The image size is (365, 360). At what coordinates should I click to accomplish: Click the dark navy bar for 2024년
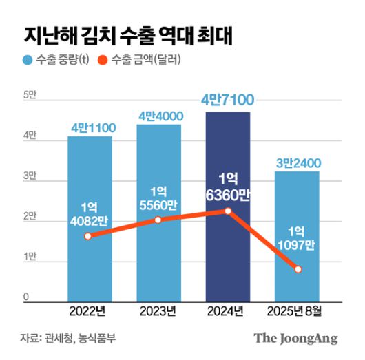point(228,207)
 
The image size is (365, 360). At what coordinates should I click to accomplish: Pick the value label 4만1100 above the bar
point(92,127)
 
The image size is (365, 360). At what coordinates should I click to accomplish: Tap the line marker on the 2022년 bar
point(87,236)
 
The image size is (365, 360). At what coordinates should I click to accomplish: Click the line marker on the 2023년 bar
point(158,220)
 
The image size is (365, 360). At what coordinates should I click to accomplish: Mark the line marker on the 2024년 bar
point(228,211)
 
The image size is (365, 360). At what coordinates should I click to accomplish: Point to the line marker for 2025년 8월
point(298,269)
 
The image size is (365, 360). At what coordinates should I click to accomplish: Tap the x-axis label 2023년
point(158,312)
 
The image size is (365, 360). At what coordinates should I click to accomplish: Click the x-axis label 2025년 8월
point(298,312)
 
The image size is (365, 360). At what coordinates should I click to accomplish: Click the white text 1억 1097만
point(298,238)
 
